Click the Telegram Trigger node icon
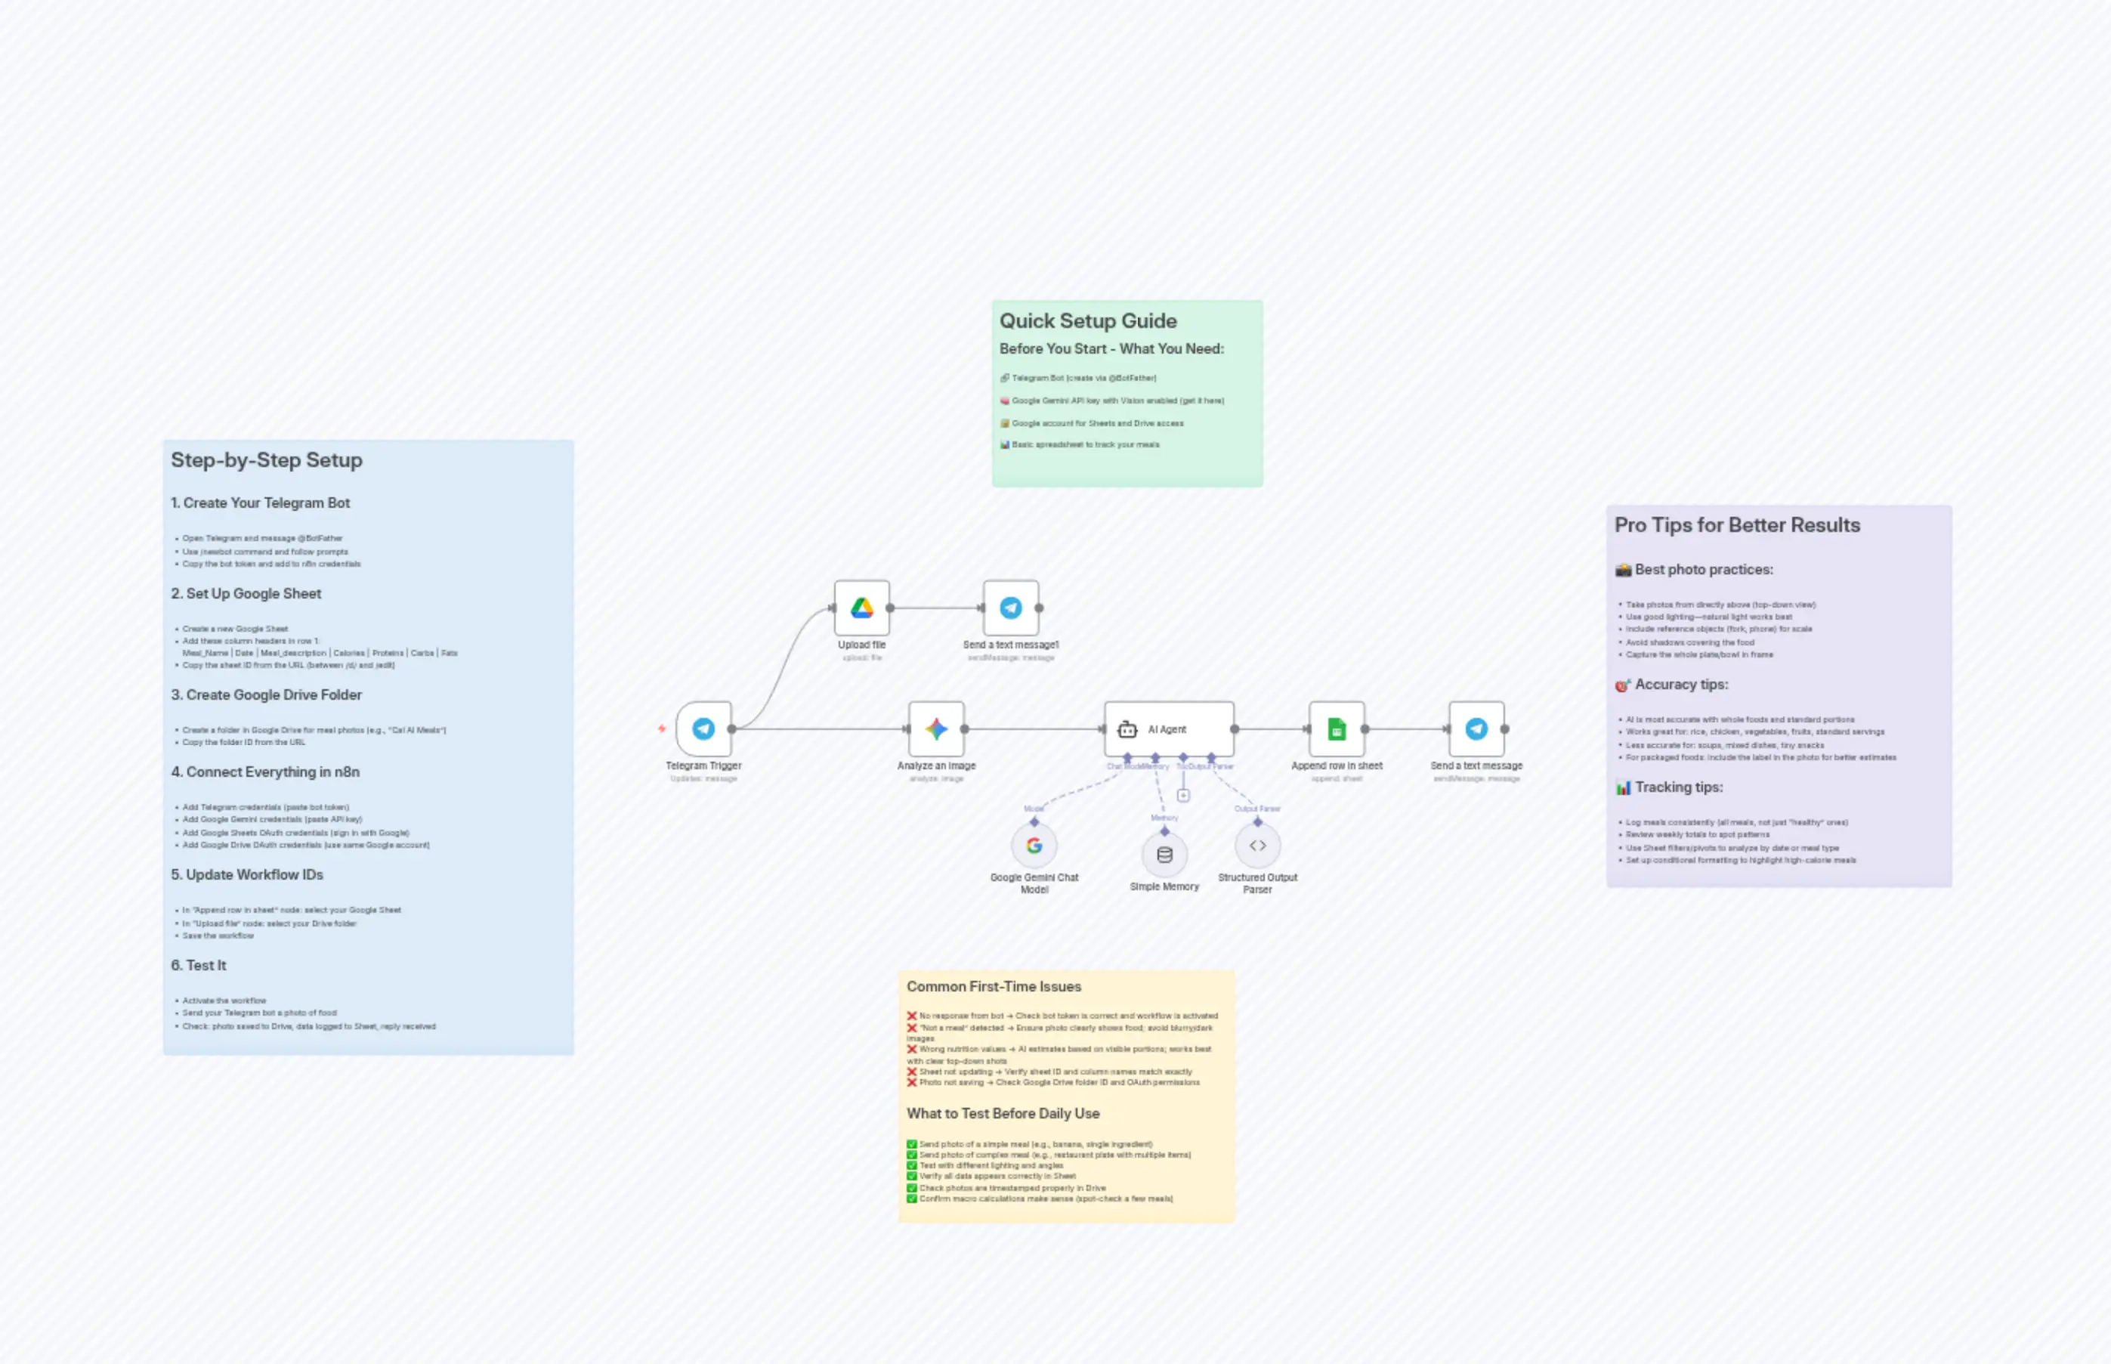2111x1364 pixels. (703, 729)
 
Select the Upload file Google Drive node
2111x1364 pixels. (861, 608)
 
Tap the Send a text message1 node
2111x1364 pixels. (1010, 608)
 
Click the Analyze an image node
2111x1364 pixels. (936, 729)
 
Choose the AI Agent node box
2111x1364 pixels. (1168, 729)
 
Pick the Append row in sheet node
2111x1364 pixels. (1337, 729)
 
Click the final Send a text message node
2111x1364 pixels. (1476, 729)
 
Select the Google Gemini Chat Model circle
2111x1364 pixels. (1034, 846)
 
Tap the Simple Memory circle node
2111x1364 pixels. (1164, 855)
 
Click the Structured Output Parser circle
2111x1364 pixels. (1257, 846)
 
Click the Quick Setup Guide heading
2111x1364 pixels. (1088, 320)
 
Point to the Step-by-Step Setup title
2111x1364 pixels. (267, 459)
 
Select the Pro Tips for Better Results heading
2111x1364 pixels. (1736, 525)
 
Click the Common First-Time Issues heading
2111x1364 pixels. (994, 987)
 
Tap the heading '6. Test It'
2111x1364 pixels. (199, 966)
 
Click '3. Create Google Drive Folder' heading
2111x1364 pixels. (267, 695)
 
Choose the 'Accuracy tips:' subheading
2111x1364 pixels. (1680, 685)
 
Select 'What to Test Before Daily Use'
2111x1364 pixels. (1003, 1113)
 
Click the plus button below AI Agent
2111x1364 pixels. (1183, 796)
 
